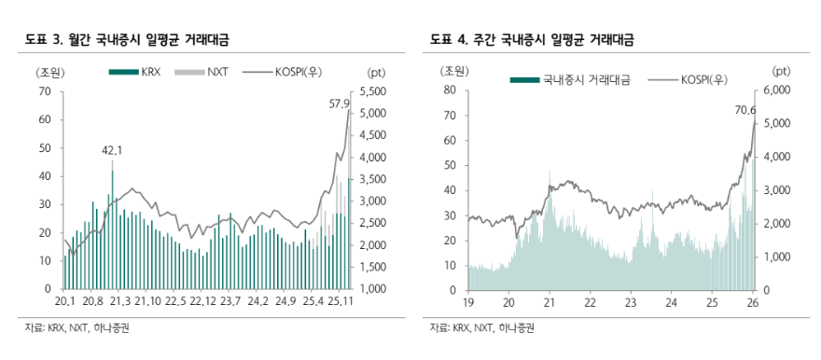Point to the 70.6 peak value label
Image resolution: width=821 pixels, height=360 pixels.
click(747, 110)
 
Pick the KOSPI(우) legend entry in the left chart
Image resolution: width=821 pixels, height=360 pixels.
click(302, 71)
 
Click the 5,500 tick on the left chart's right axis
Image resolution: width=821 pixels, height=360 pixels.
click(370, 91)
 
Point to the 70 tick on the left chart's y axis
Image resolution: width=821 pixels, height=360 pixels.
click(45, 91)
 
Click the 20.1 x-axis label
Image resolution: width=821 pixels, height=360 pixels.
click(64, 301)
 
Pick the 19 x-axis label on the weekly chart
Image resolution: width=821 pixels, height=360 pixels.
click(469, 301)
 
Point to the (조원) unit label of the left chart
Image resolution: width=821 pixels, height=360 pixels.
click(49, 71)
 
